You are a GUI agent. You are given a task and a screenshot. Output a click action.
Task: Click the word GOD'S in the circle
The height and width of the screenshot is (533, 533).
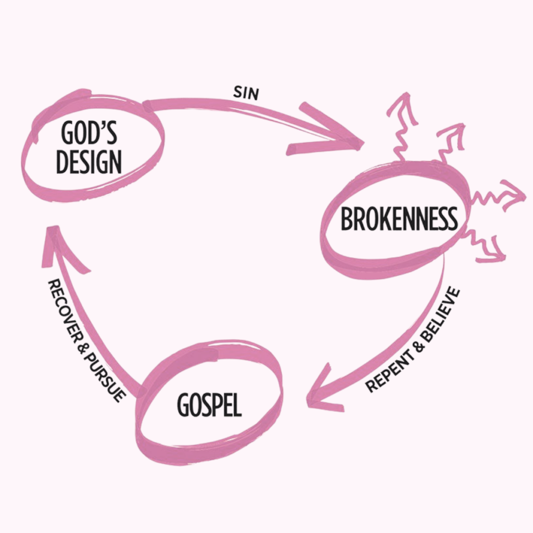[88, 134]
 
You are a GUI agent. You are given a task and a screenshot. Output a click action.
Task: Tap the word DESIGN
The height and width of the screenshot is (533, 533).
[89, 162]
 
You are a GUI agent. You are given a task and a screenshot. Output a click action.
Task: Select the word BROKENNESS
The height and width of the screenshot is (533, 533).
[399, 219]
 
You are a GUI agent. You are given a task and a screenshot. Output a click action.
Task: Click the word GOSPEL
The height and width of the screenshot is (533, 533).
[209, 405]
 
